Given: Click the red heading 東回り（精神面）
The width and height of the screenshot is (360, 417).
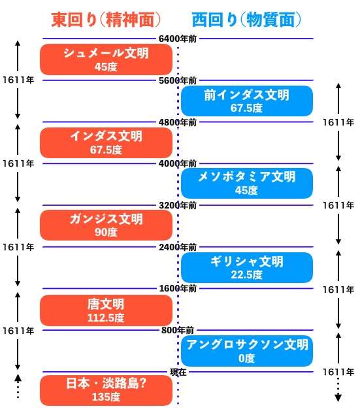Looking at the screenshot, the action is [106, 20].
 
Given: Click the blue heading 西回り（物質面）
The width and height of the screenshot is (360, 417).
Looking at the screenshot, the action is [246, 20].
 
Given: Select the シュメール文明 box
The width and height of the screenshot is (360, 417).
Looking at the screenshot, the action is [106, 59].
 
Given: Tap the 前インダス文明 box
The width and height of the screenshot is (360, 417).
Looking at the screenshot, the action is [247, 101].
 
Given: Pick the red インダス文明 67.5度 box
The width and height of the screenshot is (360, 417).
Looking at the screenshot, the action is [106, 142].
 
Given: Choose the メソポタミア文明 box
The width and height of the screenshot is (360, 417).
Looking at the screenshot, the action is [247, 183].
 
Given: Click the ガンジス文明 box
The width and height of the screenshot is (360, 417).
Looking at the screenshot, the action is [106, 225].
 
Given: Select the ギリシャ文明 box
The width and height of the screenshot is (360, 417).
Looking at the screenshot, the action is [247, 267].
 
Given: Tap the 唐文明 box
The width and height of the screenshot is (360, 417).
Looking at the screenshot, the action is [106, 310].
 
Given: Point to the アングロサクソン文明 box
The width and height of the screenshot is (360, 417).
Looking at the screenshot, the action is [247, 351].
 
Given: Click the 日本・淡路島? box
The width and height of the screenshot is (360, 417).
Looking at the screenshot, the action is [106, 390].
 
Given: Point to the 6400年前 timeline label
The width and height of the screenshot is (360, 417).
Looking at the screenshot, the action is [178, 39].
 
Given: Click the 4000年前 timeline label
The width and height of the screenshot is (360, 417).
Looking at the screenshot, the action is [178, 163].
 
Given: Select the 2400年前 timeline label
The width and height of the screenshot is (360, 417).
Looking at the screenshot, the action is [178, 247].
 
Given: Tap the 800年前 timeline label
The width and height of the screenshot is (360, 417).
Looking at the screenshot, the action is [178, 330].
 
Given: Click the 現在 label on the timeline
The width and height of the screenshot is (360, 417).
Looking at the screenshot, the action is [178, 372].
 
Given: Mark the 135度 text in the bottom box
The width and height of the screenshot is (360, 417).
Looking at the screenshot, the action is [106, 397].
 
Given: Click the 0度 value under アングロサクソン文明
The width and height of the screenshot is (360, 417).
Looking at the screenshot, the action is [246, 358].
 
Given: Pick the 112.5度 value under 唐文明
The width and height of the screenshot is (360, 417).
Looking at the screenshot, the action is [106, 318].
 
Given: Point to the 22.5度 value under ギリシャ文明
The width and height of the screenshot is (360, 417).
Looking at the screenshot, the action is [246, 275].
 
